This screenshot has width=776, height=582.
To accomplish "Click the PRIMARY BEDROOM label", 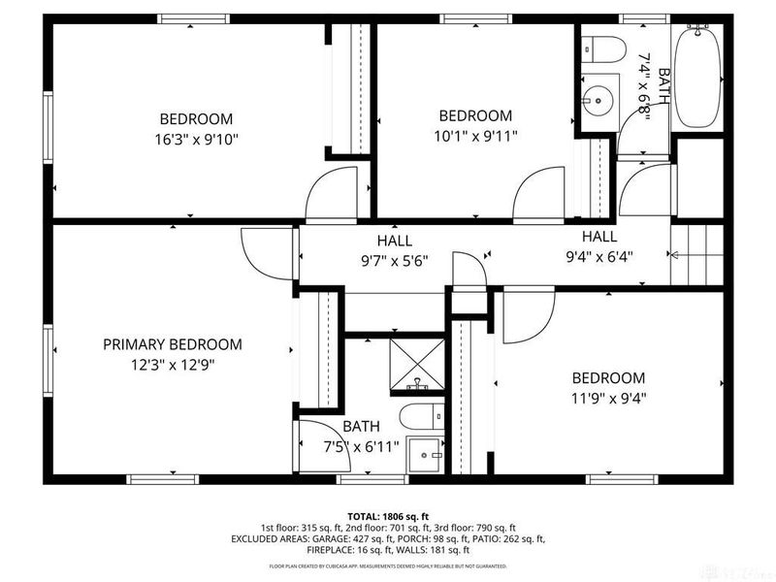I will point(173,344).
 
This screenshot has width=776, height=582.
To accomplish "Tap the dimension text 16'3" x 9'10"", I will point(197,139).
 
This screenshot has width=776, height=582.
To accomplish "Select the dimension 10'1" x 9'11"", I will point(475,136).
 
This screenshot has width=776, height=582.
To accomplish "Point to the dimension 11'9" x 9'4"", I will point(608,397).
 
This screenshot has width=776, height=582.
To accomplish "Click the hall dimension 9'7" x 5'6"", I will point(395,260).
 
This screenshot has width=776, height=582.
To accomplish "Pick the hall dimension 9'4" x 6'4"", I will point(599,257).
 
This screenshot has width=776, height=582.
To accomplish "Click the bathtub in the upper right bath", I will point(696,76).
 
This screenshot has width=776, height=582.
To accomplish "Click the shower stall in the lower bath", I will point(417,360).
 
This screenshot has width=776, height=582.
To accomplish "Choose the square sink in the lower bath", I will point(423,454).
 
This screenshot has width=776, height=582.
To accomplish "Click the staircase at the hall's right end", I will point(696,253).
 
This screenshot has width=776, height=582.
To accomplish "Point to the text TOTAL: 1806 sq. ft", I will point(387,516).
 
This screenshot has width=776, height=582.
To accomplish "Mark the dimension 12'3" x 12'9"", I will point(173,365).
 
